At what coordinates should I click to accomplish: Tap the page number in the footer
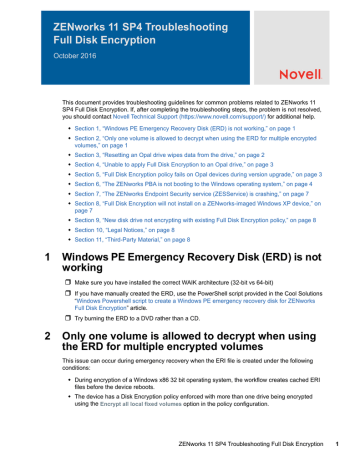click(339, 458)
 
